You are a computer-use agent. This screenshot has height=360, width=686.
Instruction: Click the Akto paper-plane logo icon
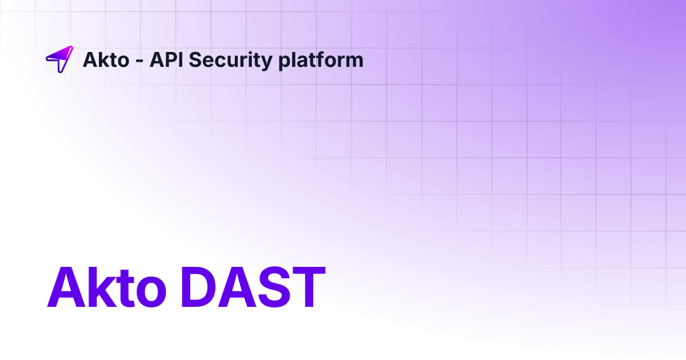click(59, 59)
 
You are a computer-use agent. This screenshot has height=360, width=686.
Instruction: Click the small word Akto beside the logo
click(106, 59)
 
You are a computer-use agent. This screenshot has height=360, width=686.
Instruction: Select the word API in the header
click(165, 59)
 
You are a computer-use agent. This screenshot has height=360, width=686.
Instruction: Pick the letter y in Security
click(266, 62)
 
